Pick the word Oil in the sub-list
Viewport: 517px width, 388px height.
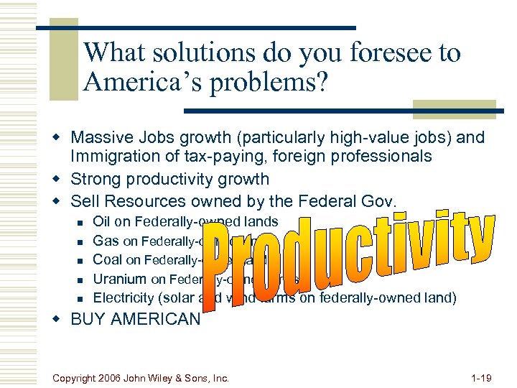[x=102, y=222]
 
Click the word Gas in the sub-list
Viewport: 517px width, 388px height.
[x=106, y=241]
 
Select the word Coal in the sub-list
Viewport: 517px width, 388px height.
[x=108, y=260]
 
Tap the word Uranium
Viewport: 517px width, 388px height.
[x=120, y=279]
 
